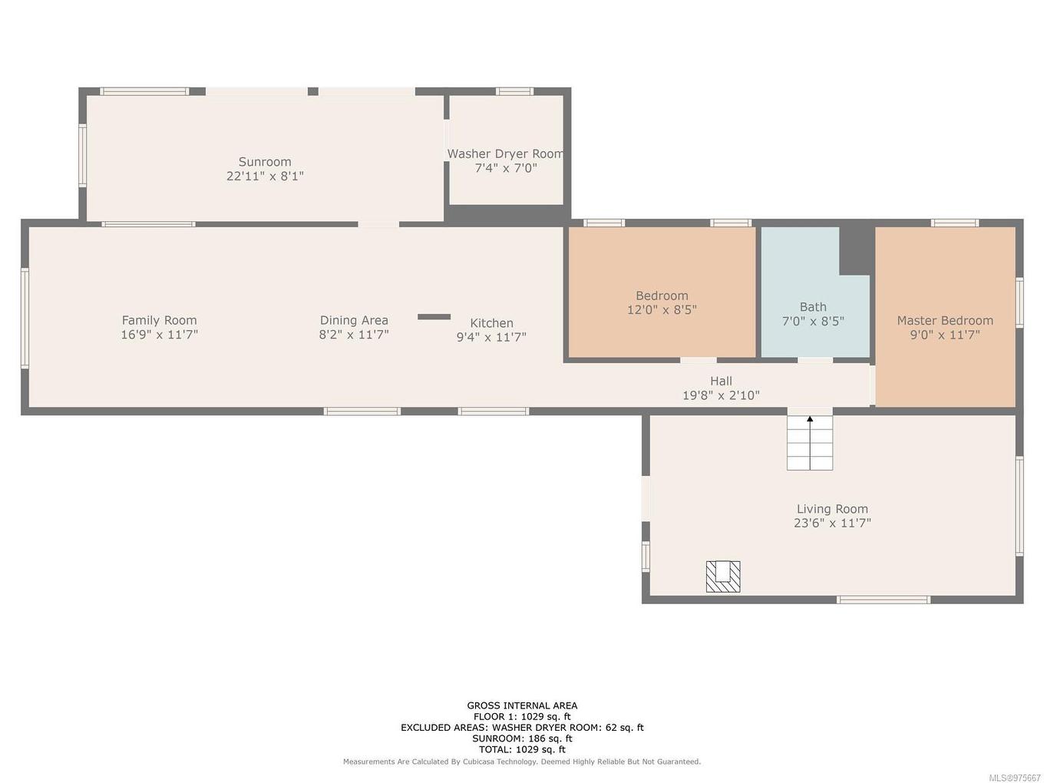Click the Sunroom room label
pos(264,162)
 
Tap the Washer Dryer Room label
pos(505,154)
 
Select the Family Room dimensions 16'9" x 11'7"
pos(159,335)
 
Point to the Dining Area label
pos(354,320)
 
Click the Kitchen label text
pos(491,323)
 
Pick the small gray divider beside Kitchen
pos(434,316)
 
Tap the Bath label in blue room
pos(813,307)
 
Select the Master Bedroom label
pos(945,320)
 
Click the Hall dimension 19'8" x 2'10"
pos(721,395)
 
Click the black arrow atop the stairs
pos(810,419)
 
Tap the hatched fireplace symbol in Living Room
pos(723,577)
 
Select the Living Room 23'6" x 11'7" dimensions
pos(832,524)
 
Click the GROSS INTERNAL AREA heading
pos(522,705)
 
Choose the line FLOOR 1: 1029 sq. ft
pos(522,716)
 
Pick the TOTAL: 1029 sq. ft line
pos(522,749)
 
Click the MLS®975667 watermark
pos(1015,778)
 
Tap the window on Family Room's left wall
pos(25,318)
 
